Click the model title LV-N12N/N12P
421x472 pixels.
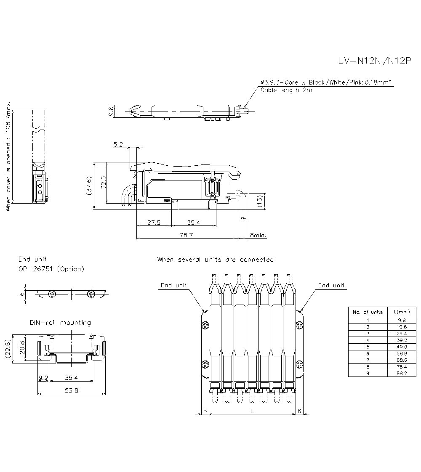click(375, 61)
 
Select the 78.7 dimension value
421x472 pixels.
click(186, 235)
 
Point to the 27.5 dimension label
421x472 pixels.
click(154, 223)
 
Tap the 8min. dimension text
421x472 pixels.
click(258, 235)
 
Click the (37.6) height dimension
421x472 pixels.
click(89, 186)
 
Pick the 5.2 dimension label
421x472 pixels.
click(118, 144)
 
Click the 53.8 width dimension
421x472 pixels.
click(72, 390)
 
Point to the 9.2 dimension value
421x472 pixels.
click(43, 377)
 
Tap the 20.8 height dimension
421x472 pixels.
click(22, 347)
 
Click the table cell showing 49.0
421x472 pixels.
click(402, 347)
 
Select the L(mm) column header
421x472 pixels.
click(402, 312)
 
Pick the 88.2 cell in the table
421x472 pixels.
click(402, 373)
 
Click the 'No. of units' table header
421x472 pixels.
click(368, 312)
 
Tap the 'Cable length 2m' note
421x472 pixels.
click(286, 90)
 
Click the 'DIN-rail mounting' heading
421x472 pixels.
click(60, 323)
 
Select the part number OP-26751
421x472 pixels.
click(35, 269)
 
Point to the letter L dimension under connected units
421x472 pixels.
click(252, 411)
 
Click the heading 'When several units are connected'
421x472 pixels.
click(215, 260)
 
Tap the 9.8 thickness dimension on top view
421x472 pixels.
click(111, 111)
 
